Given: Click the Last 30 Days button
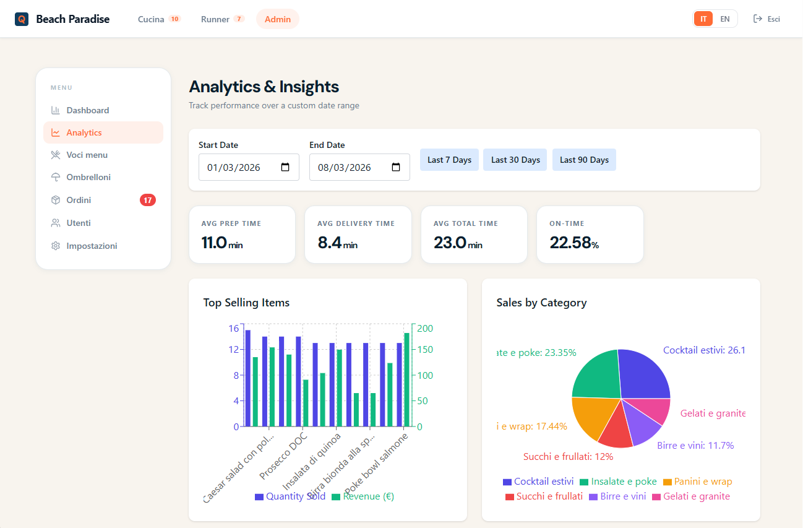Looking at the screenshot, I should click(515, 160).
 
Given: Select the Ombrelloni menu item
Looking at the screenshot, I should click(88, 177).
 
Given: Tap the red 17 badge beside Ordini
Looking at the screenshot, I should click(148, 200).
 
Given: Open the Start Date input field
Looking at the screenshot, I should click(241, 167).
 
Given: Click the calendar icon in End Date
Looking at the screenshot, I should click(396, 167).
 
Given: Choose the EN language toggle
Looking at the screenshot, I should click(724, 19).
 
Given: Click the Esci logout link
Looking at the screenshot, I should click(767, 19).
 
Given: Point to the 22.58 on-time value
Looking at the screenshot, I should click(570, 243).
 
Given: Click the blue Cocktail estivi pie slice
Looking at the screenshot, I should click(643, 374).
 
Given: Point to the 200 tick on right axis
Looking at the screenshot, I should click(425, 328).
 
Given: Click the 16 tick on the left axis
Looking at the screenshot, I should click(233, 328).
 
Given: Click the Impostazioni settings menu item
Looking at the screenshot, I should click(92, 246).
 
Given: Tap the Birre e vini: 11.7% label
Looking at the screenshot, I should click(695, 445).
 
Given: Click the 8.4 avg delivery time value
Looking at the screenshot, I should click(330, 243).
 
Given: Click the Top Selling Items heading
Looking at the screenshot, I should click(246, 303).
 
